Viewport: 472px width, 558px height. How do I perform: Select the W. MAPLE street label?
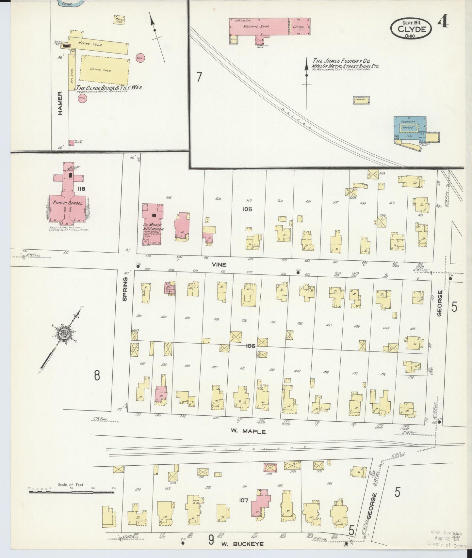248,431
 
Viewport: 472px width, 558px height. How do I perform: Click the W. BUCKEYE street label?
241,544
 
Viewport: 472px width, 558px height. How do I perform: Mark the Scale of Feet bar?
71,491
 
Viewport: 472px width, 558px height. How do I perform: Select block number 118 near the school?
81,189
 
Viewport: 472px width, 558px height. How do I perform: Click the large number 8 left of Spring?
97,376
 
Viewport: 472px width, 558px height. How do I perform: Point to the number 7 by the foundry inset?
199,77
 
